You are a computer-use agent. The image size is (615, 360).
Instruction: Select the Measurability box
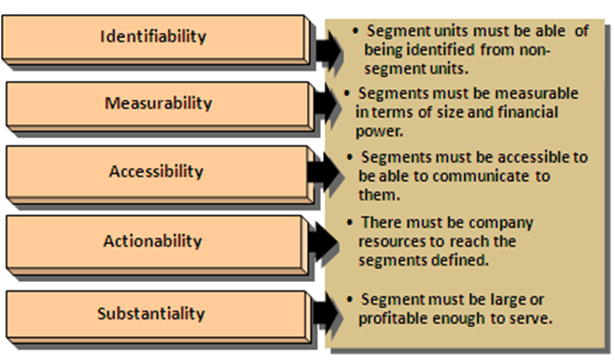tap(158, 102)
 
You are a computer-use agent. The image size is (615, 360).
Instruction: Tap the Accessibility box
tap(156, 172)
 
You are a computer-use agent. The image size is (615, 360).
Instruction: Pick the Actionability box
tap(152, 241)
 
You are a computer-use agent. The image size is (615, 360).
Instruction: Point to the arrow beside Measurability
tap(325, 107)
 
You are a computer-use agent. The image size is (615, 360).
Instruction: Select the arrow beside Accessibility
tap(325, 174)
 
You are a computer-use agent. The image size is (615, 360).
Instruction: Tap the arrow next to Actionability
tap(325, 243)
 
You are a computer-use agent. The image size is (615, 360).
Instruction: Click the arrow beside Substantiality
tap(325, 313)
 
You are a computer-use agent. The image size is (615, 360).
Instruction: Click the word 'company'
tap(503, 225)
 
